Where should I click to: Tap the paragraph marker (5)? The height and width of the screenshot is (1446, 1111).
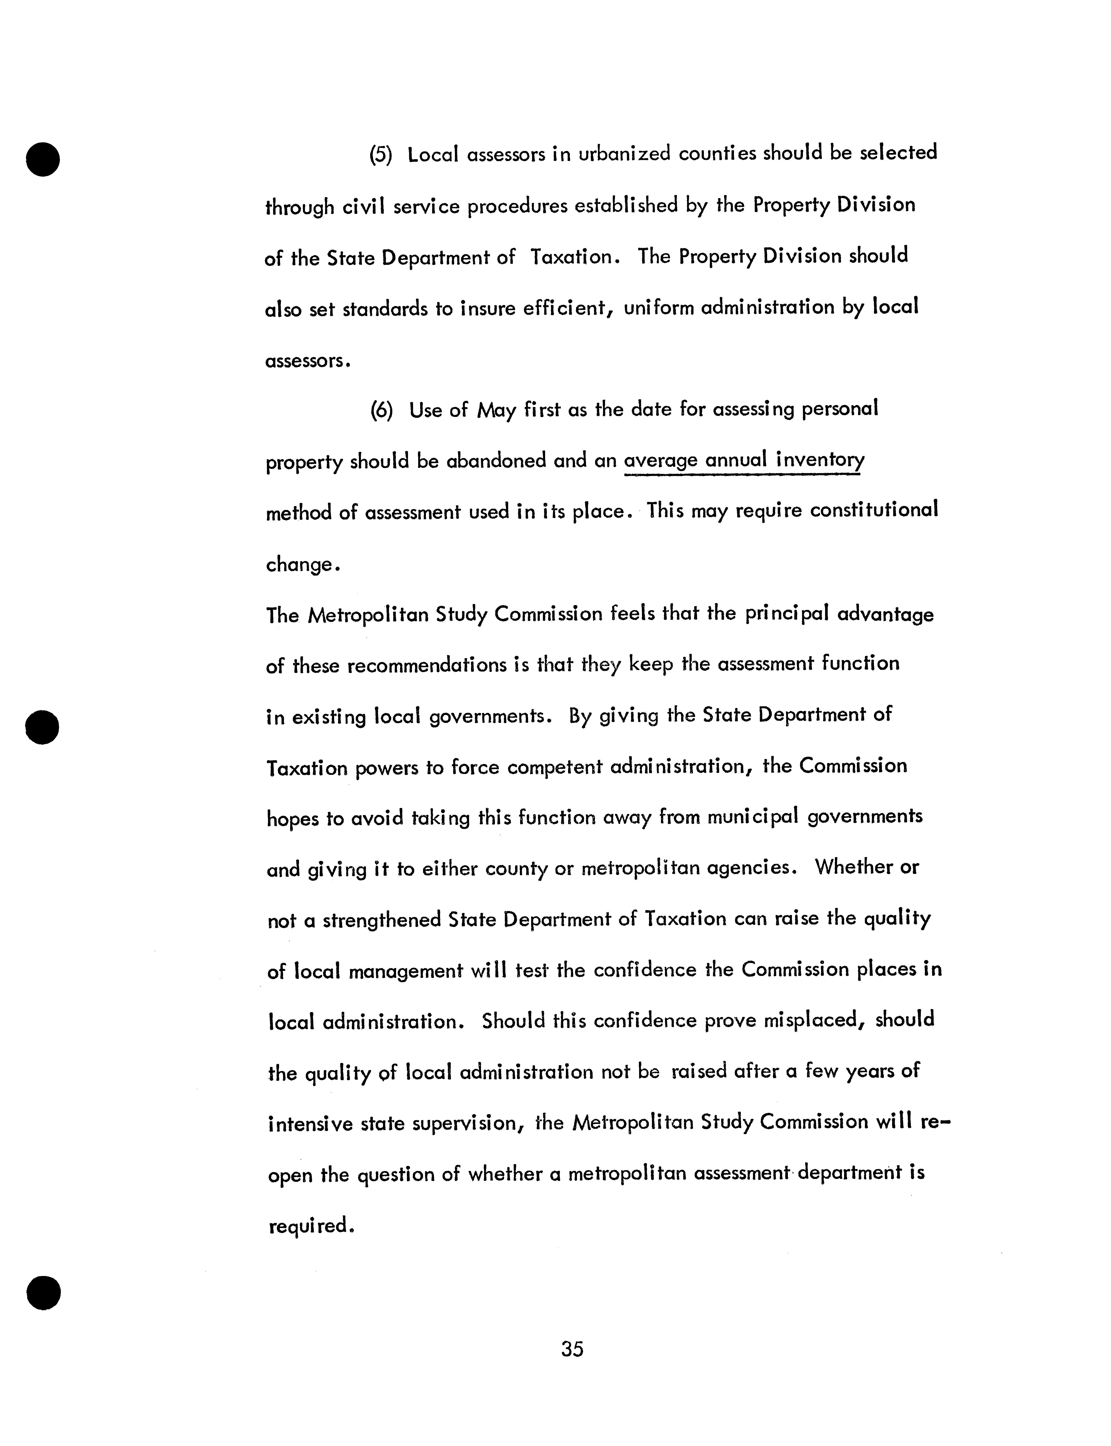(x=381, y=155)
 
